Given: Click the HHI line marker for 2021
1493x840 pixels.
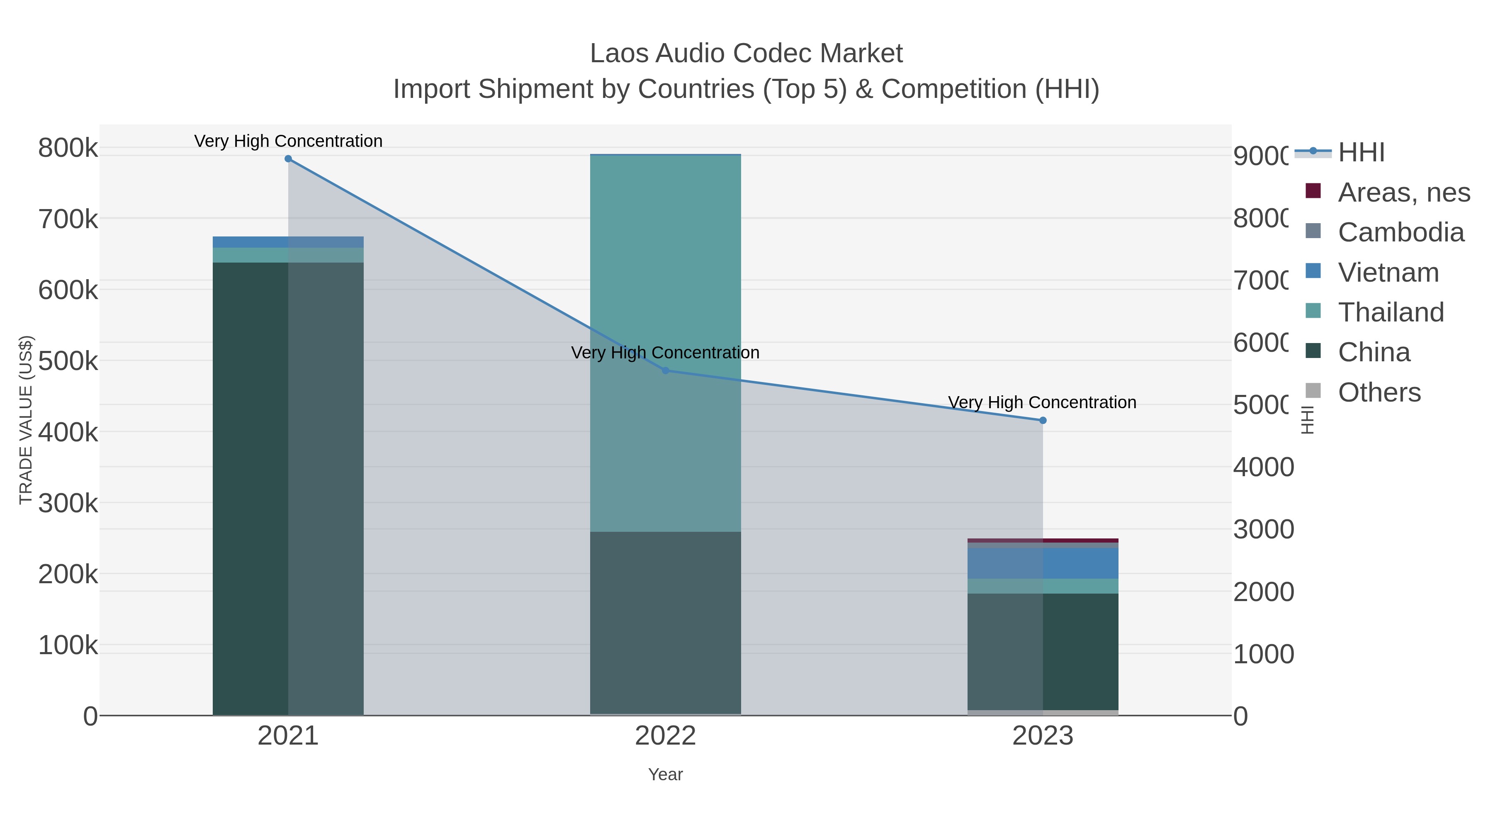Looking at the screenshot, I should (x=288, y=159).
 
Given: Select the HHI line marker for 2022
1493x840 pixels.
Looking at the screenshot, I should (x=665, y=370).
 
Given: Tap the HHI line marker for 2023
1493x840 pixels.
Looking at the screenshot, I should (x=1043, y=420).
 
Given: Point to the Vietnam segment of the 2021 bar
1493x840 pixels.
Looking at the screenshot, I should (x=250, y=242).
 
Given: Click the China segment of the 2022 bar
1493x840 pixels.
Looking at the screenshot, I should (x=665, y=620).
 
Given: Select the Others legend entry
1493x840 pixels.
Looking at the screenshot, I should (x=1379, y=392).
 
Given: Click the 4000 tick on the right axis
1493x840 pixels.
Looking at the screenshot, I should (x=1263, y=467).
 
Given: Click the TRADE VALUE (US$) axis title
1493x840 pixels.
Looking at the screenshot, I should (x=26, y=420).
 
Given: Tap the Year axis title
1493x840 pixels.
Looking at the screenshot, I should (x=665, y=774).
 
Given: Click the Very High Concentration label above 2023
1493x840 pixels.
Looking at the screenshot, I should (x=1042, y=402).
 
